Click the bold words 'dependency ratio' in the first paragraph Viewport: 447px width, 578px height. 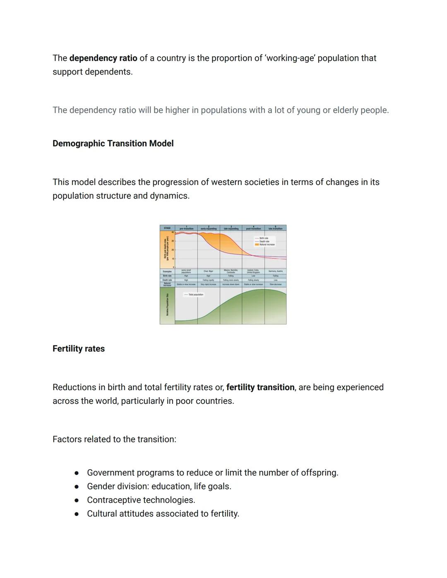(103, 58)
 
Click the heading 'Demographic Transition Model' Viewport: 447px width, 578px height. (113, 144)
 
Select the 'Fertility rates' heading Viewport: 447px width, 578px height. (79, 349)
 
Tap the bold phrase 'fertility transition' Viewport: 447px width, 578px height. (260, 387)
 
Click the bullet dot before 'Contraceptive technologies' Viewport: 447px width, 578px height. (77, 500)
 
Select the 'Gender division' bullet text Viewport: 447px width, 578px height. (159, 486)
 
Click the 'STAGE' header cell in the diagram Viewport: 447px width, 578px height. (167, 228)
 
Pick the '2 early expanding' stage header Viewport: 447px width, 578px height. (209, 228)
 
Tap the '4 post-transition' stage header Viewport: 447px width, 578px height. (253, 228)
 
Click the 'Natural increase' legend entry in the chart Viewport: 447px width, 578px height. (267, 245)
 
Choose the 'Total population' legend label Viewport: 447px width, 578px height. (195, 295)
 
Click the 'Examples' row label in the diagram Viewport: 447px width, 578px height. (167, 271)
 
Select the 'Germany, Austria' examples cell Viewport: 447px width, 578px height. (275, 271)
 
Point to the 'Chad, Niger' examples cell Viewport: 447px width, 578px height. (209, 271)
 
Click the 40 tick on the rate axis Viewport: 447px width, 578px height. (173, 232)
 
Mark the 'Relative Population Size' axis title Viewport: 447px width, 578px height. (167, 305)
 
